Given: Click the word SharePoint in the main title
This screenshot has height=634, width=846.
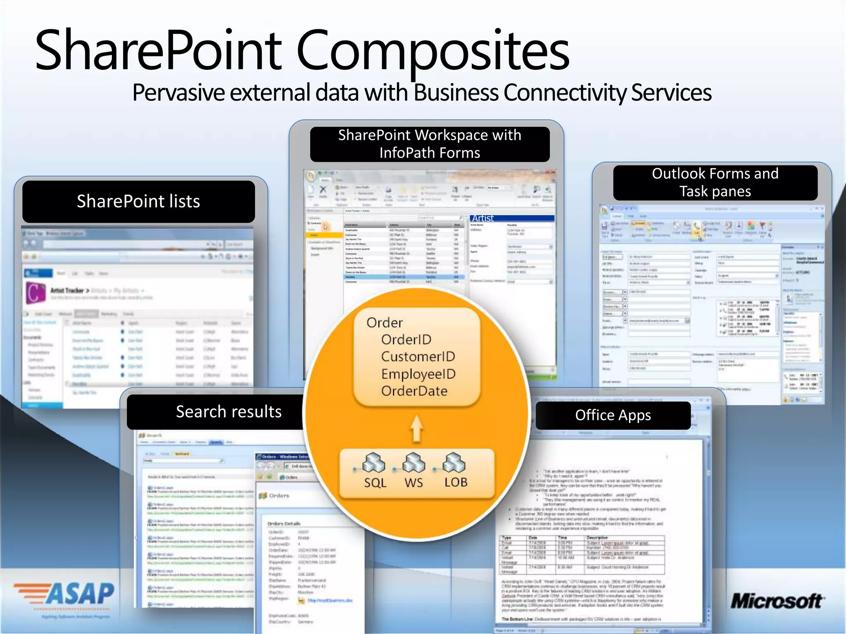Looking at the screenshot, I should [159, 50].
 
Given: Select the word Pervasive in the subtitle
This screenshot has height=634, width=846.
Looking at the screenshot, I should [179, 92].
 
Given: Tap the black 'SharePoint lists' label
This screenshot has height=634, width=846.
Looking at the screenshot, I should [138, 201].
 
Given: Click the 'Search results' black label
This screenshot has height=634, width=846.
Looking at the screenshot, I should [228, 412].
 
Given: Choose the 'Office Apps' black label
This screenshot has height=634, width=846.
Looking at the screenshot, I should [613, 415].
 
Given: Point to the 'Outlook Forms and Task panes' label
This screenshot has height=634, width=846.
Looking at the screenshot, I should [715, 182].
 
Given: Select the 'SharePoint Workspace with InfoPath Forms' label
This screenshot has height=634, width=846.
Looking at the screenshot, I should [430, 144].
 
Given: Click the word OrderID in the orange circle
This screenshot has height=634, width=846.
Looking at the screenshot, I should [406, 340].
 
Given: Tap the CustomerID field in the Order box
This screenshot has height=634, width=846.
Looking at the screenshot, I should [418, 357].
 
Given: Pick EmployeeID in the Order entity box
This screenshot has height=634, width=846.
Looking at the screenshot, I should [418, 374].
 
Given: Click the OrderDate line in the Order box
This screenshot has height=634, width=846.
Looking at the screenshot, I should [414, 391].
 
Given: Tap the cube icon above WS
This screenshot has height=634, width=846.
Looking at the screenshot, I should [413, 463].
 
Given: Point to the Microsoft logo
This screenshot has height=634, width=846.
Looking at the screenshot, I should [777, 601].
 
